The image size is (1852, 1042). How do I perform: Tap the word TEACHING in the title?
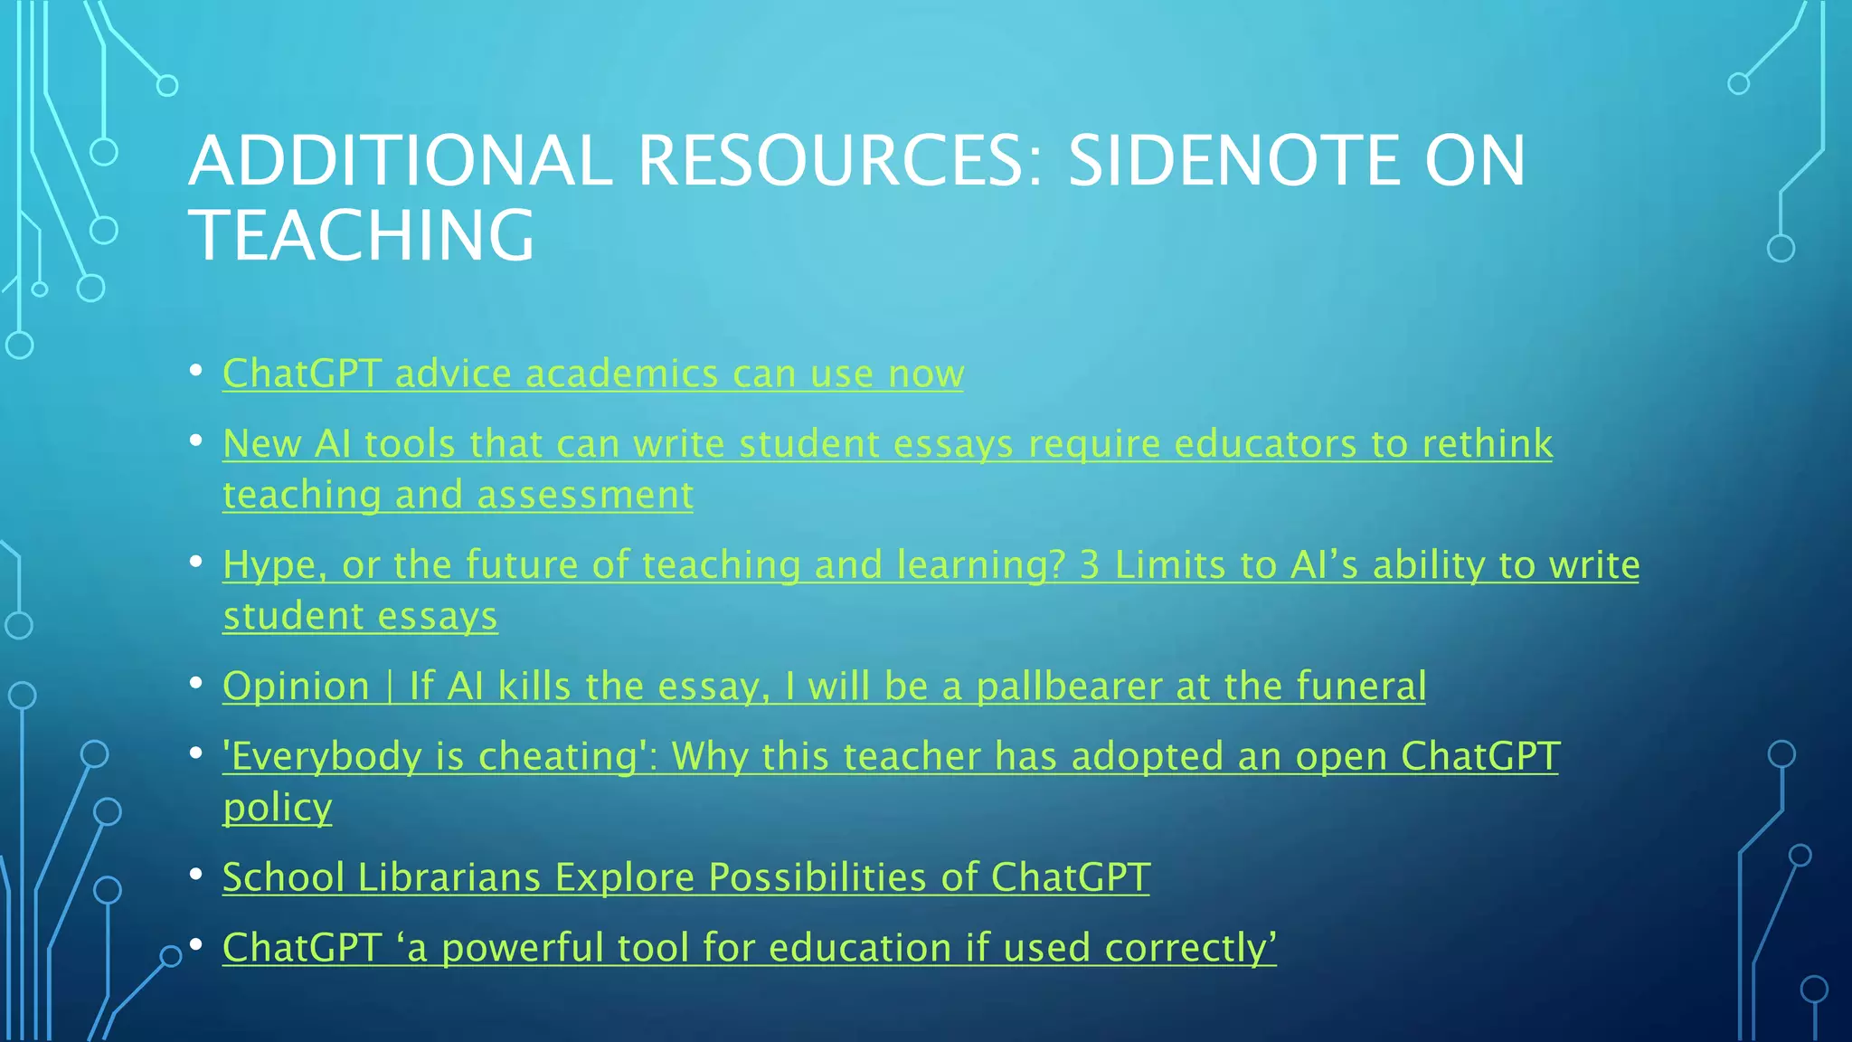coord(362,235)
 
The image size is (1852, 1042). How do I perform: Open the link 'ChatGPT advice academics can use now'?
coord(592,374)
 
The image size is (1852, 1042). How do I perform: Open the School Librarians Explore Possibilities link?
coord(685,877)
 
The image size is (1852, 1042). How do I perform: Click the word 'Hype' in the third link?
coord(269,565)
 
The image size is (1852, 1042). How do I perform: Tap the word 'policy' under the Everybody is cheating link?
coord(277,807)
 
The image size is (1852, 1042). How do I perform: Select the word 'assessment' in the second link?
coord(584,495)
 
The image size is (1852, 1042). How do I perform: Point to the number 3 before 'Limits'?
coord(1089,565)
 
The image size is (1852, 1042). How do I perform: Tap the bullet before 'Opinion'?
coord(195,684)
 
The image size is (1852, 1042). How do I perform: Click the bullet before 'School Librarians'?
coord(195,875)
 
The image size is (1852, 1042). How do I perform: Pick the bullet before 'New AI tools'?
coord(195,441)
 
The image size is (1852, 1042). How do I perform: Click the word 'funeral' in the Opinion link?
coord(1360,686)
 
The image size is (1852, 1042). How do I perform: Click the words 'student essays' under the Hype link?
coord(360,616)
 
